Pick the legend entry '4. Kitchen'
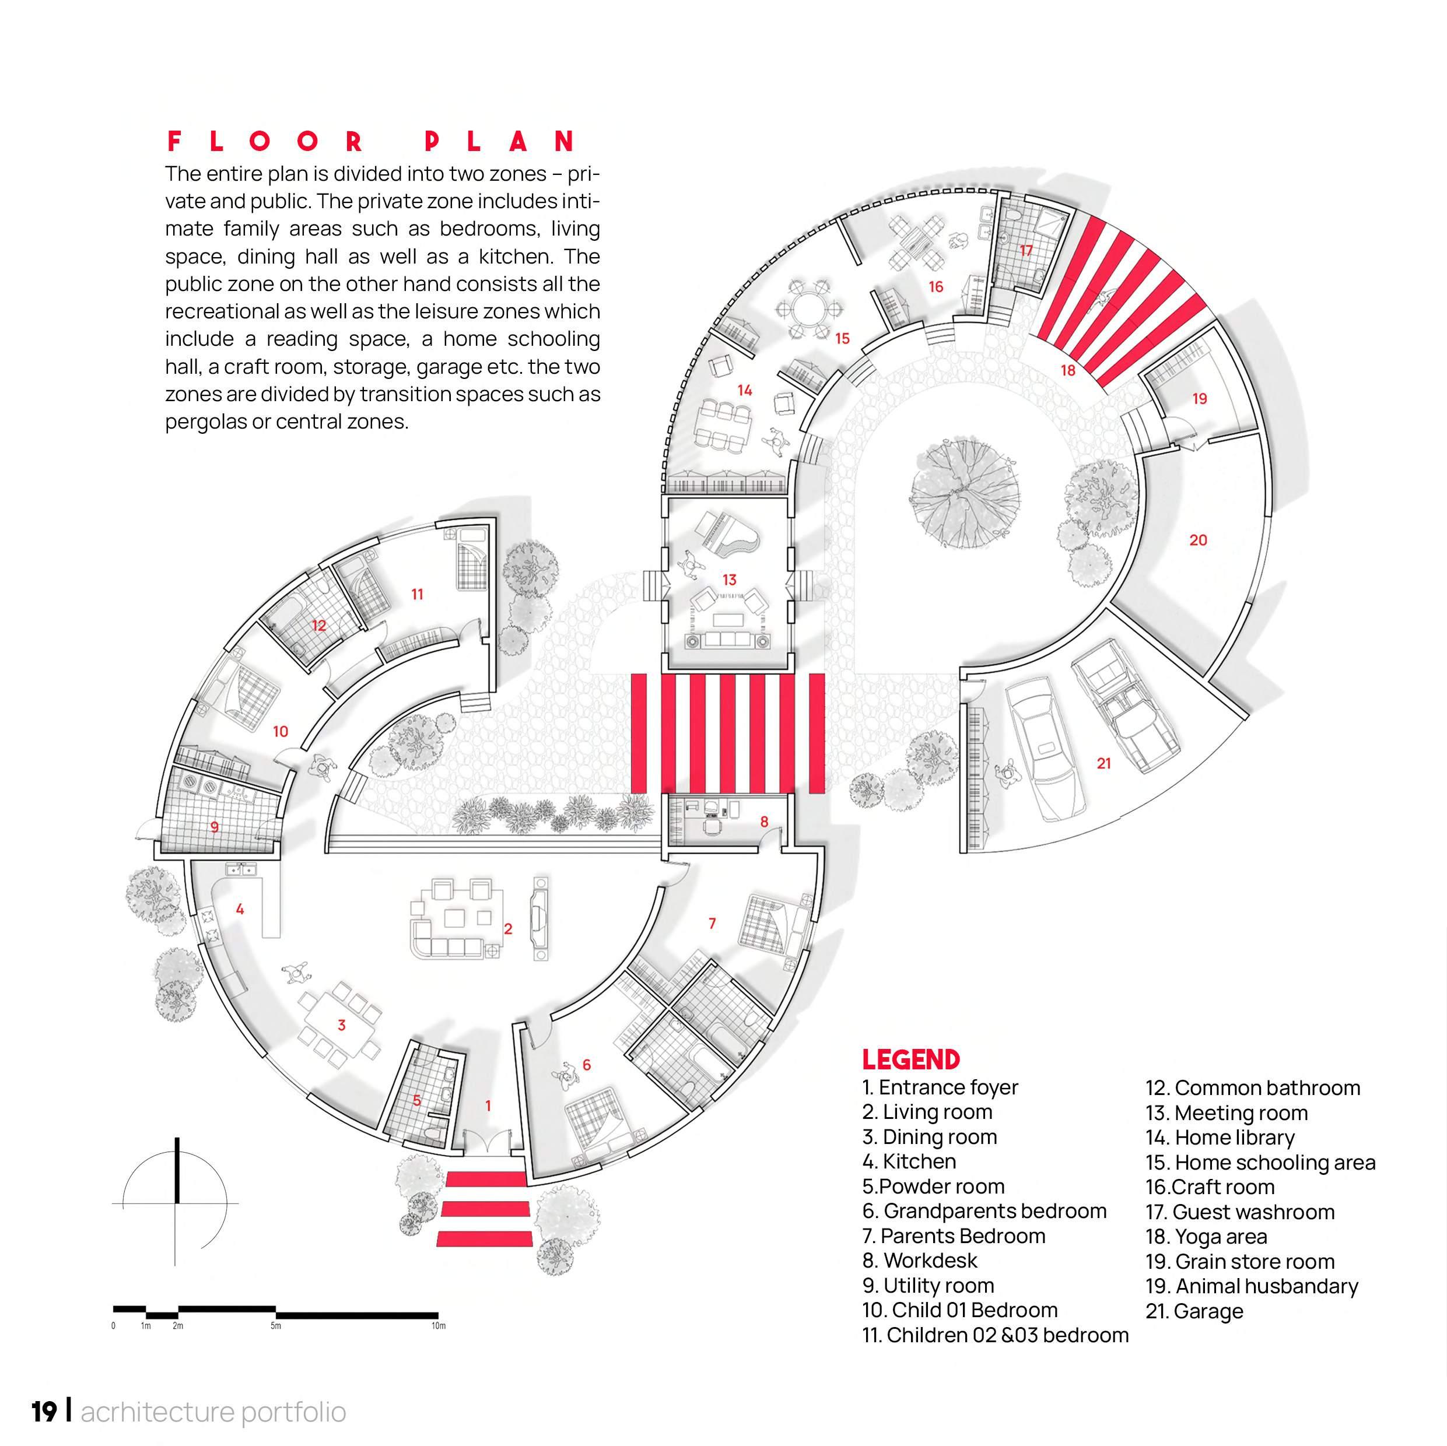(909, 1161)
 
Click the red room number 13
(728, 580)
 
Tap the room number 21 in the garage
(1103, 763)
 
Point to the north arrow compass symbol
(177, 1203)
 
